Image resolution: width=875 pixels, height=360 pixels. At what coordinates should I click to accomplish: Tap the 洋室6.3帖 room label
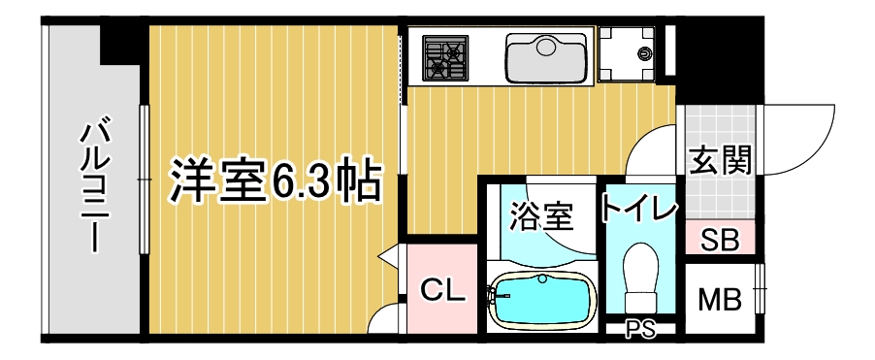tap(275, 181)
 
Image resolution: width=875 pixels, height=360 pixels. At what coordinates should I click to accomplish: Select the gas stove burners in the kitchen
tap(444, 57)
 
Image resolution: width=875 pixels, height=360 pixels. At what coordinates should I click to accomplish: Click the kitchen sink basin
tap(547, 57)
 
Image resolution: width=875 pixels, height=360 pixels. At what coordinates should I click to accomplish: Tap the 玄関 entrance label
tap(720, 160)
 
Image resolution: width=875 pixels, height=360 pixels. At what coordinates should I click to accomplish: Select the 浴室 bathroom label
tap(542, 216)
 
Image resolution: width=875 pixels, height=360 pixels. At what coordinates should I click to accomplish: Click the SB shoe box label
tap(720, 241)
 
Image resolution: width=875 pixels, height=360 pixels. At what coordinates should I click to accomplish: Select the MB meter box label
tap(721, 300)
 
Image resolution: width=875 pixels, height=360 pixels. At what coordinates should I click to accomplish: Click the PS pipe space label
tap(640, 329)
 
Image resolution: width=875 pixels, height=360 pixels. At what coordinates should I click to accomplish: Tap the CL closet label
tap(442, 290)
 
